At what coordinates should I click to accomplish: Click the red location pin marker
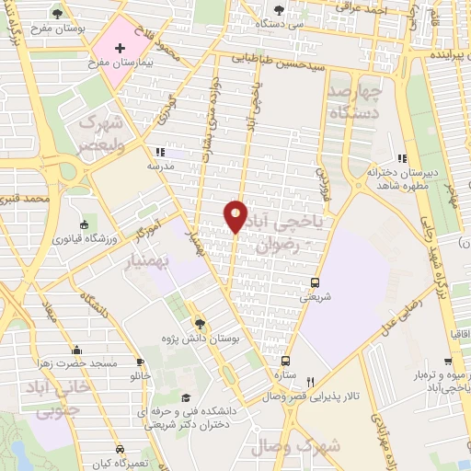pos(235,215)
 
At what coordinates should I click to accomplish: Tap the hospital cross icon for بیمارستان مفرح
pos(120,47)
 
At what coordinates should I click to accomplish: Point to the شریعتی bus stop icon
pos(316,282)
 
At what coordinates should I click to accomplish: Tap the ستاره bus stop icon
pos(286,362)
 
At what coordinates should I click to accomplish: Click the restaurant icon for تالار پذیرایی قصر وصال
pos(311,382)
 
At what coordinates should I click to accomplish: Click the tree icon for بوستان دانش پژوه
pos(201,322)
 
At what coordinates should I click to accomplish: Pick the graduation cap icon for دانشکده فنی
pos(186,398)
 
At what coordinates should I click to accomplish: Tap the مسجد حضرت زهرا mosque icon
pos(77,350)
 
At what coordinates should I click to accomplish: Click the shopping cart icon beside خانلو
pos(141,362)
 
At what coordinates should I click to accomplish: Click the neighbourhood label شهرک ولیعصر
pos(99,132)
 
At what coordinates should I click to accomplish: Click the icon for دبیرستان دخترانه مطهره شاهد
pos(401,157)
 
